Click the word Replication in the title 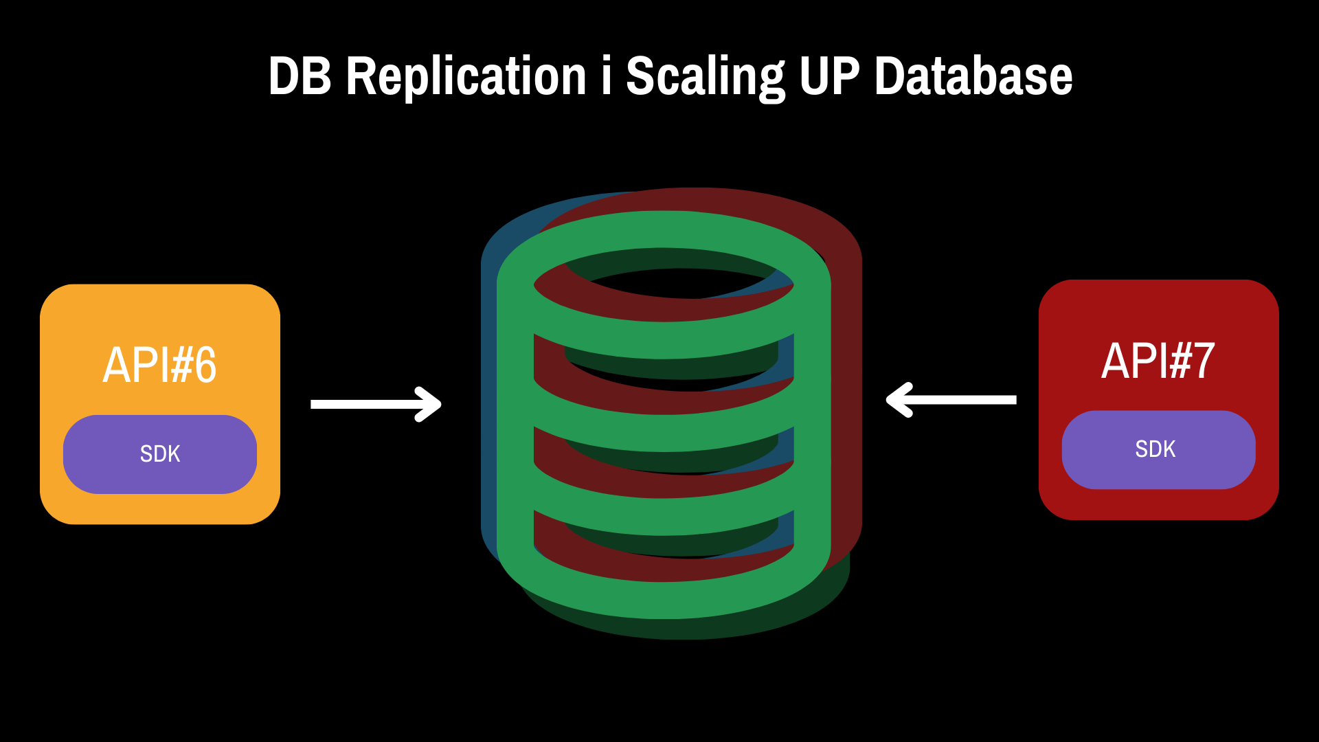click(x=466, y=76)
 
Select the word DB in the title click(x=300, y=76)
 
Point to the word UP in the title click(x=830, y=76)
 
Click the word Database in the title click(x=973, y=76)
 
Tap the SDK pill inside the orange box click(x=160, y=454)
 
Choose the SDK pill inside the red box click(x=1159, y=450)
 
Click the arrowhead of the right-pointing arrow click(x=429, y=404)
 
